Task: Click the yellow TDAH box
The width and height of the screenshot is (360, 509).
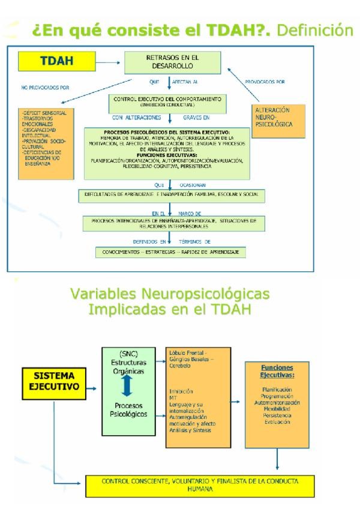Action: click(x=53, y=61)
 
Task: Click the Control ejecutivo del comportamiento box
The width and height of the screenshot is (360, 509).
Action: click(x=169, y=101)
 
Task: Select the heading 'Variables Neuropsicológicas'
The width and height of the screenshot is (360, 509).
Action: click(x=173, y=296)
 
